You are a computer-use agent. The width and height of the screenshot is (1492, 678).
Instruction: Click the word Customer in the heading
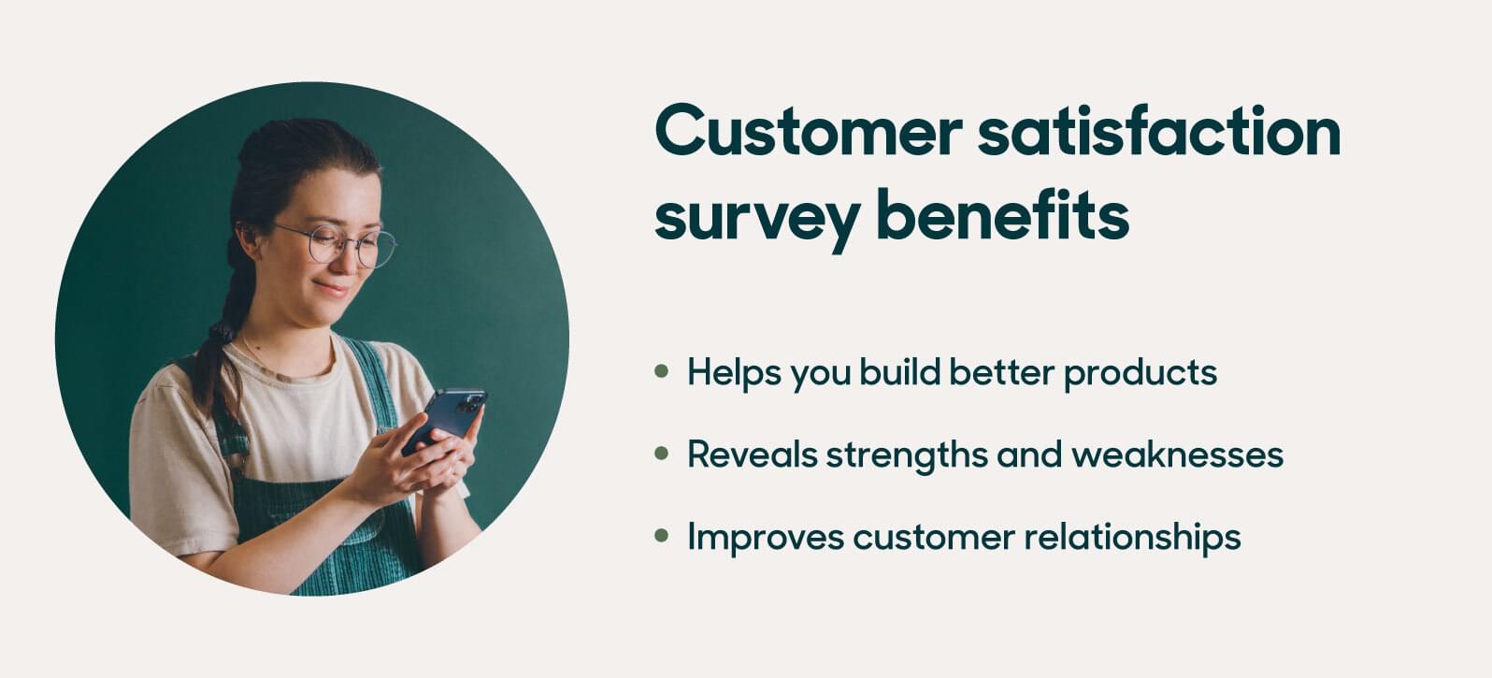click(x=808, y=133)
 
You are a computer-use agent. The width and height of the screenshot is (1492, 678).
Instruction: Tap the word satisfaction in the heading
click(x=1159, y=133)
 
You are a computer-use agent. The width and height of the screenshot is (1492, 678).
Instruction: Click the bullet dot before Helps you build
click(x=662, y=371)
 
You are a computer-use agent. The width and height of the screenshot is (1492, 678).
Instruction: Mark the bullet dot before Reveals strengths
click(x=662, y=454)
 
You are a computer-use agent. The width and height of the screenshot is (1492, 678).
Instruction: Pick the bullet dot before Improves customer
click(x=662, y=536)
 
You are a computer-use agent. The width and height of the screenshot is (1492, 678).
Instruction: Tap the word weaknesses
click(x=1177, y=454)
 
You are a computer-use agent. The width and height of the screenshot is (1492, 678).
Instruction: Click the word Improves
click(x=765, y=538)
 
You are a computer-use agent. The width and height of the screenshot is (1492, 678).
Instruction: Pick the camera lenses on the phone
click(x=471, y=404)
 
